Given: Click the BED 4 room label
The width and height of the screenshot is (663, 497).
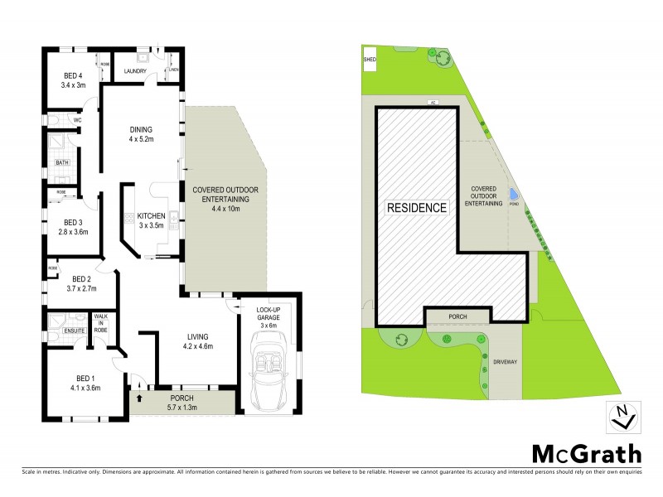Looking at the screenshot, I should click(74, 80).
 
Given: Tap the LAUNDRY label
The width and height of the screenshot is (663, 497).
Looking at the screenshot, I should click(135, 71).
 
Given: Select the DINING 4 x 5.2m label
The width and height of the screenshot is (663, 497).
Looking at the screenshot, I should click(142, 134).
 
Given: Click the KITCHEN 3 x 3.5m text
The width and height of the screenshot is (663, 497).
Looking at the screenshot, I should click(152, 220).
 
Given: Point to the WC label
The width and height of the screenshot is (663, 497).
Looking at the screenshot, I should click(77, 121).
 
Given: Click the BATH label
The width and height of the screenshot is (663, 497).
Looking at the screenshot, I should click(63, 162).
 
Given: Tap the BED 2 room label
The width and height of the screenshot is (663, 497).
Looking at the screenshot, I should click(80, 284).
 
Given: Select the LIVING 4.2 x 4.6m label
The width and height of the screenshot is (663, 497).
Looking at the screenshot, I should click(196, 341).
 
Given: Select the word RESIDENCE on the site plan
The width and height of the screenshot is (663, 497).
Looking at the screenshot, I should click(417, 208).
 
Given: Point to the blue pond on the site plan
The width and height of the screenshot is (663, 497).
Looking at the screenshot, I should click(514, 195).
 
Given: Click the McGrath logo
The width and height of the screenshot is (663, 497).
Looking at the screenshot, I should click(586, 454).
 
